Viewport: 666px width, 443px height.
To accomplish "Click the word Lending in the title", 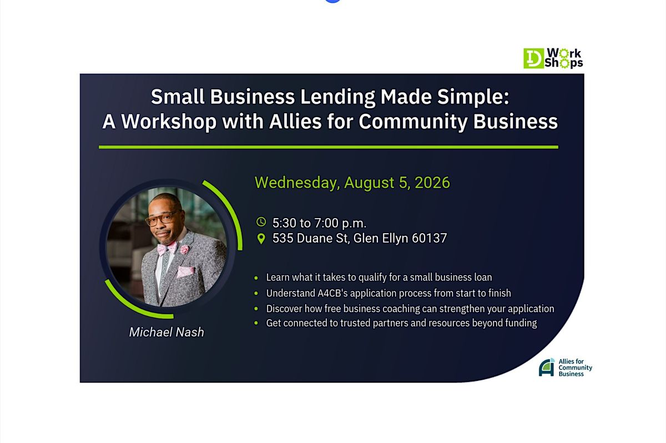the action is tap(337, 97).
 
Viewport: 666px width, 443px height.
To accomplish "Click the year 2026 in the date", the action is tap(432, 182).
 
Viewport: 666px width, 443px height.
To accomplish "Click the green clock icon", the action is tap(261, 222).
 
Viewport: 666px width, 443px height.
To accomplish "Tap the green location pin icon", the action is tap(261, 239).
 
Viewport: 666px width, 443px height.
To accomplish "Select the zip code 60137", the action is tap(430, 238).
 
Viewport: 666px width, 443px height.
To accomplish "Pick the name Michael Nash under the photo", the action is tap(167, 332).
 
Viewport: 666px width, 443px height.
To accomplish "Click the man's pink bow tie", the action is tap(167, 248).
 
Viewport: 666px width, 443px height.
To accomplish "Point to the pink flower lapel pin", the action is tap(185, 249).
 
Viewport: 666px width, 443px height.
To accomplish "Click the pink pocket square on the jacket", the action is tap(185, 271).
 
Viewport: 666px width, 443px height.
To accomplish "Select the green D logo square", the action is tap(534, 58).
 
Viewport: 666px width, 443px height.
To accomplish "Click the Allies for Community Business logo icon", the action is tap(547, 368).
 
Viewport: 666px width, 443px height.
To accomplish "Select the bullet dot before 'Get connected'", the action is tap(256, 323).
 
